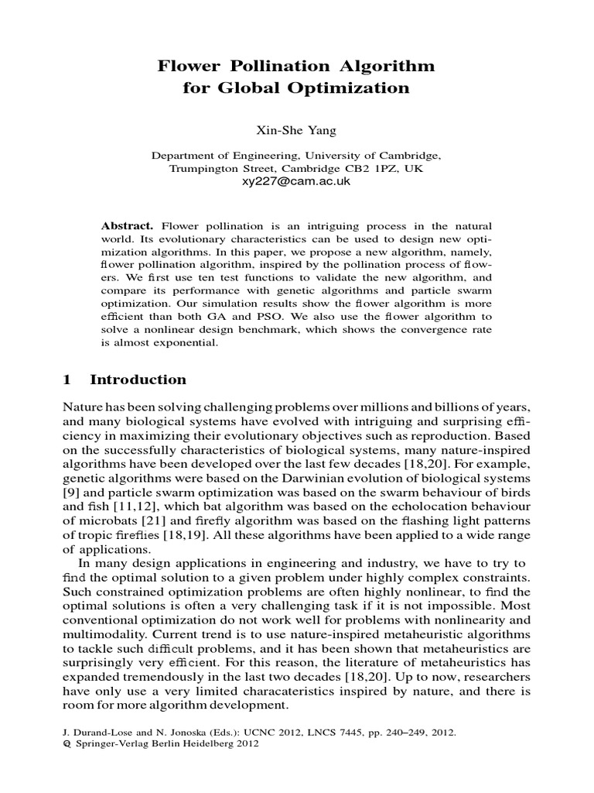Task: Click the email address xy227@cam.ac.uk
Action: pos(296,180)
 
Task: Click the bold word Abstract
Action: pos(128,225)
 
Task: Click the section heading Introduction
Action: pos(138,379)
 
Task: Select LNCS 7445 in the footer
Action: pos(326,731)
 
